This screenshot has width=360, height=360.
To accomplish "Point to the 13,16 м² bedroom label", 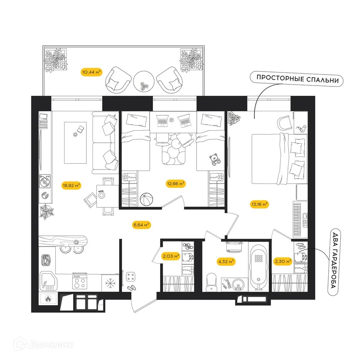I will click(x=259, y=204).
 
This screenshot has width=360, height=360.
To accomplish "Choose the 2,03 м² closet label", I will click(x=171, y=256).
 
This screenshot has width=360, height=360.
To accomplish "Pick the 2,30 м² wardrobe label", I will click(x=283, y=262).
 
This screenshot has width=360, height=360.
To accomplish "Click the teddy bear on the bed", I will click(x=215, y=159).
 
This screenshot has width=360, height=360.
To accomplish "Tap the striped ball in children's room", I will click(x=147, y=199).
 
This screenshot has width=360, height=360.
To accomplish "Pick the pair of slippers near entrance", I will click(x=131, y=288).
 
